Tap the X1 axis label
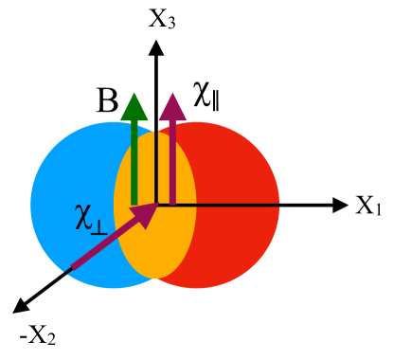tap(368, 206)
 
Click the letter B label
tap(107, 99)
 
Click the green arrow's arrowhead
tap(134, 103)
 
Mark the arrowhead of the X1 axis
tap(339, 204)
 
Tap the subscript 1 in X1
tap(377, 210)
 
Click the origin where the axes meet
tap(155, 204)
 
